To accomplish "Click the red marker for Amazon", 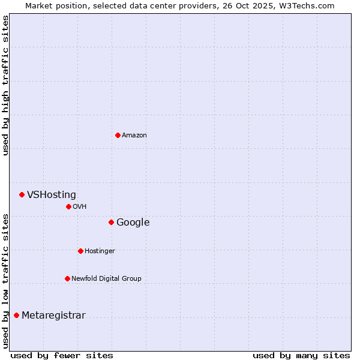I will tap(118, 135).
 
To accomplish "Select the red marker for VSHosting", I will tap(22, 194).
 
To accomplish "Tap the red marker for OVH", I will tap(68, 206).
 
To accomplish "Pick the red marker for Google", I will tap(111, 222).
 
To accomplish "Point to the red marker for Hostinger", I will tap(80, 251).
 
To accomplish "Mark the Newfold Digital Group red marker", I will tap(67, 278).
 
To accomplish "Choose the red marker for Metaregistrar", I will tap(16, 315).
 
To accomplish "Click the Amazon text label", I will tap(134, 136).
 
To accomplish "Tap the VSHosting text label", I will tap(52, 195).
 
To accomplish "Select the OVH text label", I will tap(80, 207).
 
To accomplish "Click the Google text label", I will tap(133, 223).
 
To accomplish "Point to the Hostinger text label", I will tap(100, 251).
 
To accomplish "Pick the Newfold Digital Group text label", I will tap(106, 279).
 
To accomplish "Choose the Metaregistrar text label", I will tap(53, 316).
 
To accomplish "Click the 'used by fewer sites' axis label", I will tap(62, 356).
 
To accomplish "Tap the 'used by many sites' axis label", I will tap(301, 356).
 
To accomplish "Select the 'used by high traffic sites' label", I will tap(5, 85).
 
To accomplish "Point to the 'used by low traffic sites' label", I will tap(5, 280).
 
